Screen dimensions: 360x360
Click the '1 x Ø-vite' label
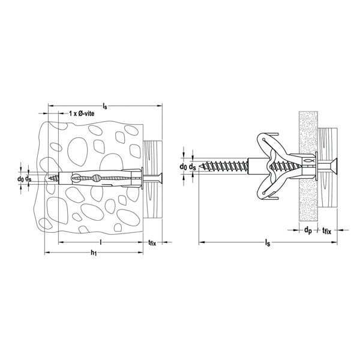(82, 113)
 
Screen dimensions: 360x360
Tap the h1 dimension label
(94, 253)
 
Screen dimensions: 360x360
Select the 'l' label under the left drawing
(101, 242)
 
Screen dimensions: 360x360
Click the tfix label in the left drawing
(152, 242)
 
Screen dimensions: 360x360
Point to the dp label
(308, 230)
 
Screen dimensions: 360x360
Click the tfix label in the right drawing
(327, 230)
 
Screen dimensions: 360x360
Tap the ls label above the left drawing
(105, 106)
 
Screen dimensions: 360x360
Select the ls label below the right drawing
(268, 242)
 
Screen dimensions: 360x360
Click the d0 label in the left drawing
(20, 179)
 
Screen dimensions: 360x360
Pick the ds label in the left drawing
(28, 179)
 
